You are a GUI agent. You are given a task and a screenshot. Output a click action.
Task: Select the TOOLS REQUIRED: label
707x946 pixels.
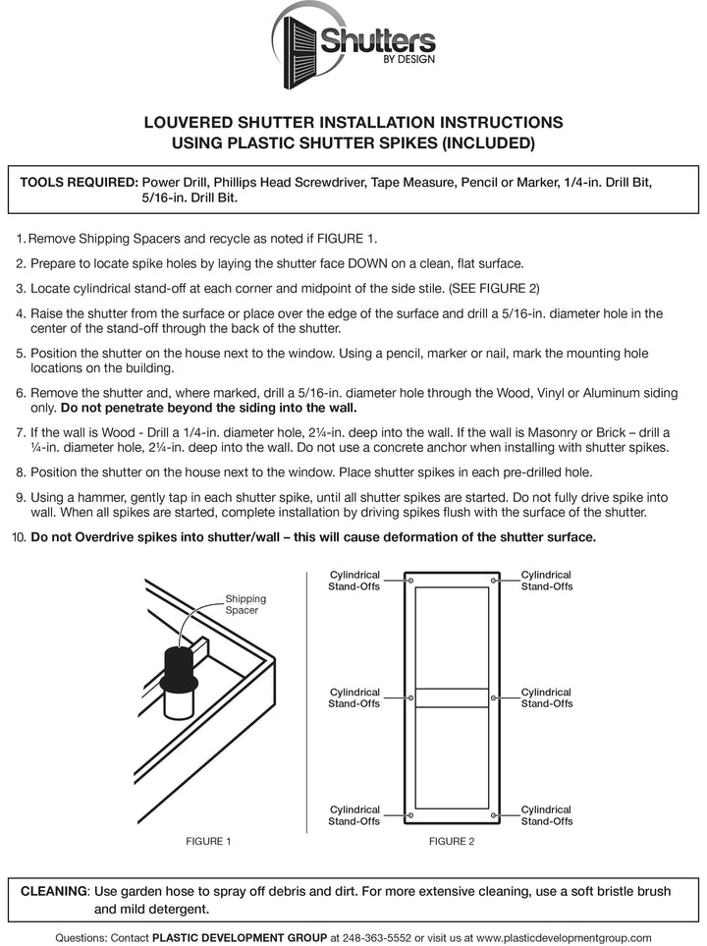pyautogui.click(x=79, y=183)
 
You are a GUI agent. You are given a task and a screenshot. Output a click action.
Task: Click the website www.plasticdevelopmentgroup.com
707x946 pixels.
pyautogui.click(x=563, y=937)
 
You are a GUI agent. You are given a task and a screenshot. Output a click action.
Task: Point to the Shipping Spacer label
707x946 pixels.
pyautogui.click(x=245, y=604)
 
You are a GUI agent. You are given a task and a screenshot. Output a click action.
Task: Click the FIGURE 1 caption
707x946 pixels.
pyautogui.click(x=208, y=841)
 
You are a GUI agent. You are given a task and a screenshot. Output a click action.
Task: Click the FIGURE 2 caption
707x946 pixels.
pyautogui.click(x=452, y=841)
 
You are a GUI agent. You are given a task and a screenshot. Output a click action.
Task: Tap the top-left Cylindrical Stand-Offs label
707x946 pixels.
pyautogui.click(x=353, y=581)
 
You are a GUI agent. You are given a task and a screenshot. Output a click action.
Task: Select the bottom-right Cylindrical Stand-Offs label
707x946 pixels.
pyautogui.click(x=547, y=814)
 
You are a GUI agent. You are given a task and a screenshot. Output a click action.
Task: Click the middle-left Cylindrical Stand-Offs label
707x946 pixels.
pyautogui.click(x=353, y=697)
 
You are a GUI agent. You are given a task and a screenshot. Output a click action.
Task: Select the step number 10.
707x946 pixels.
pyautogui.click(x=19, y=537)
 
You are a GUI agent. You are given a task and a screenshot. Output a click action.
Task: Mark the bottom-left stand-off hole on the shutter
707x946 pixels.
pyautogui.click(x=410, y=814)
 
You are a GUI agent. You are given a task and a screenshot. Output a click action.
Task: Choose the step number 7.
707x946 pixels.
pyautogui.click(x=21, y=432)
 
